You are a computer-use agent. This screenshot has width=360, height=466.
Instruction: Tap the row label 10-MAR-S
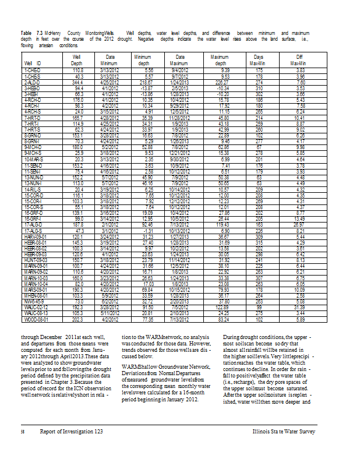33,158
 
